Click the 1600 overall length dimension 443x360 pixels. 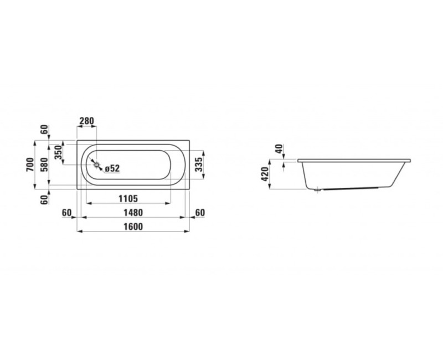coord(133,227)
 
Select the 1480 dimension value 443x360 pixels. coord(133,213)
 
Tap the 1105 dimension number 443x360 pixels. coord(128,199)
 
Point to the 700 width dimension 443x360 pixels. coord(30,164)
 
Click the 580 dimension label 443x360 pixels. coord(44,164)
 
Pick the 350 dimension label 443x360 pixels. coord(58,152)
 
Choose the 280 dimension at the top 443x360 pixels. coord(86,121)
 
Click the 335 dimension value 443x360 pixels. coord(199,164)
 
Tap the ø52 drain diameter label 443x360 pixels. coord(112,168)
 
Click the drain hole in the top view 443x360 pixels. coord(96,164)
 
